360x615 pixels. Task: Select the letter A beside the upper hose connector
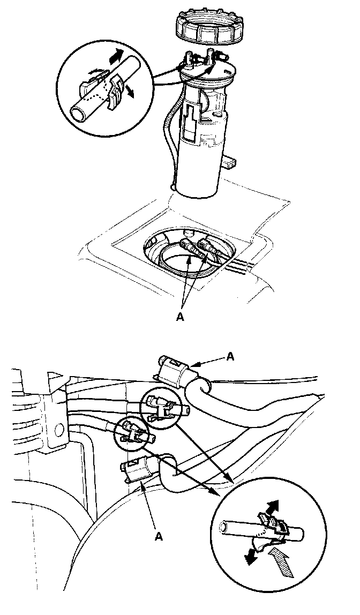point(230,356)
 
